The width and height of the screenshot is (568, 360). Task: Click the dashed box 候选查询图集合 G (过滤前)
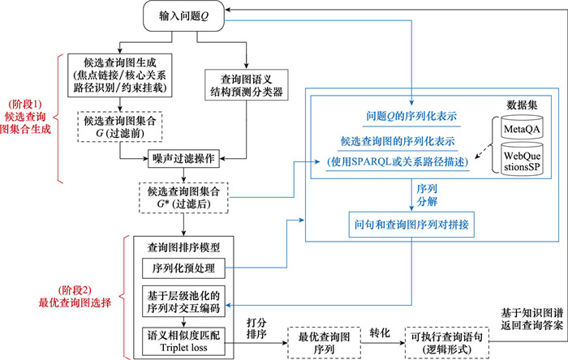pos(122,126)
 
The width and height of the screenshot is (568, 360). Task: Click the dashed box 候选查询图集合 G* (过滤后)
pos(183,197)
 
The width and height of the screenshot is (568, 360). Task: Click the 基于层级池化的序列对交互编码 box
pos(182,299)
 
